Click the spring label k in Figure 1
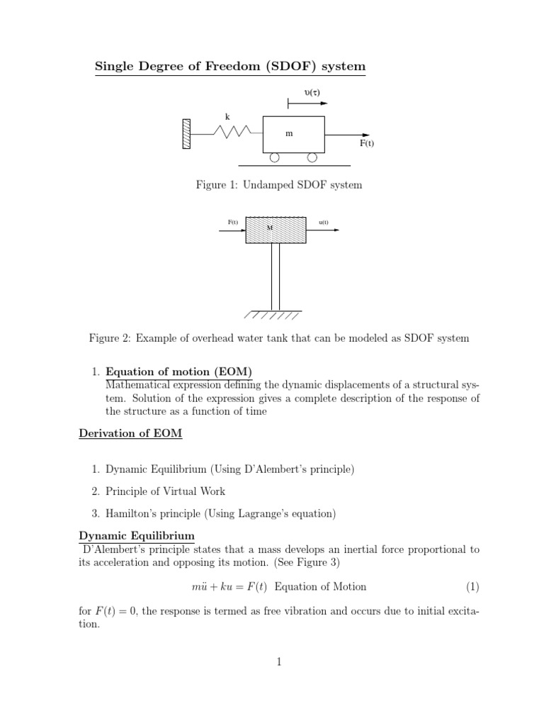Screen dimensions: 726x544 [227, 116]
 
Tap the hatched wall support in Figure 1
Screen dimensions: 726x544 [186, 133]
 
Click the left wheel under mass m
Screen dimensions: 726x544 [274, 157]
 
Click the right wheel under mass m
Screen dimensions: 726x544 [312, 157]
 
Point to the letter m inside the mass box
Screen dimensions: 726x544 [289, 133]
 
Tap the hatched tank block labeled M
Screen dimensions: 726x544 [276, 230]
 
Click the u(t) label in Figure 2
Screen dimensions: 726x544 [323, 222]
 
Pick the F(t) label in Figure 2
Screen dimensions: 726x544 [232, 222]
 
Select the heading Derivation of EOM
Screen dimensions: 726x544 [130, 434]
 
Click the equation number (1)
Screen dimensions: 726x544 [472, 586]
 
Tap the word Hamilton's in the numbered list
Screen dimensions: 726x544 [132, 513]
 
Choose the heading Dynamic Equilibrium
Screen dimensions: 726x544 [137, 535]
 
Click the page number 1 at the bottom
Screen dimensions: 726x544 [279, 662]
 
